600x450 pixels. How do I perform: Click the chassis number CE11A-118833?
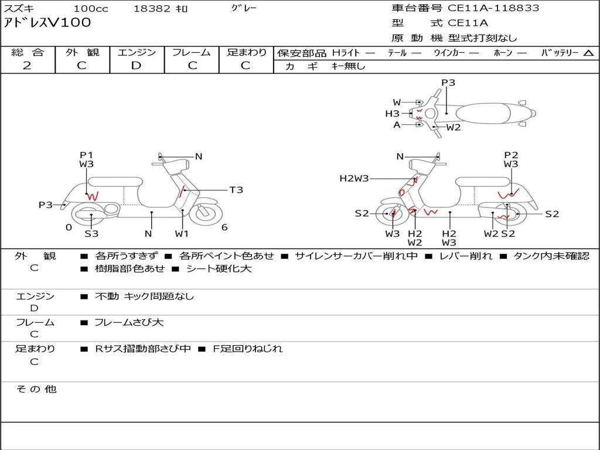click(x=493, y=8)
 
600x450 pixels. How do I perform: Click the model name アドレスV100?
click(x=47, y=23)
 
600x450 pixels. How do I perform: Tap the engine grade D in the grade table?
click(x=136, y=66)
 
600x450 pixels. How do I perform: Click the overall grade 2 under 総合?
click(x=27, y=66)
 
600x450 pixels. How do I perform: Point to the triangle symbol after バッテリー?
click(x=588, y=53)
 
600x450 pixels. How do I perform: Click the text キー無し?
click(x=348, y=66)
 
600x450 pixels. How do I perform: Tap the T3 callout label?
click(x=236, y=190)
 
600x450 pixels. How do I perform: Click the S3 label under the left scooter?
click(x=91, y=233)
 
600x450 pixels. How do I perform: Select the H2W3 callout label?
click(x=354, y=178)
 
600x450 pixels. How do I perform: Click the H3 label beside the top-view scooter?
click(x=392, y=114)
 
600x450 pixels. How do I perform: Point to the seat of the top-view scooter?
click(x=483, y=113)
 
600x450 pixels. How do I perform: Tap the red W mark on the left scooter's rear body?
click(x=93, y=196)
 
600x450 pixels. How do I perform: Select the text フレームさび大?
click(x=129, y=323)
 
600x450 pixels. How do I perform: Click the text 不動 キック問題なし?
click(x=144, y=296)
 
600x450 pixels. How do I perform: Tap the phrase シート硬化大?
click(x=219, y=268)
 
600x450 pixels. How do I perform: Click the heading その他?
click(x=36, y=389)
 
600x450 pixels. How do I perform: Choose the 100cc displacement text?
click(x=91, y=8)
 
